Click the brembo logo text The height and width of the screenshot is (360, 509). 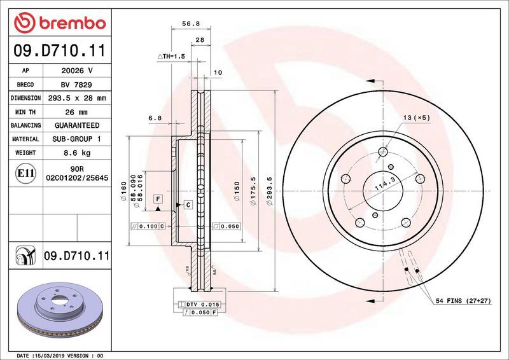pos(69,24)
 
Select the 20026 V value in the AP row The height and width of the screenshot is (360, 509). pos(77,71)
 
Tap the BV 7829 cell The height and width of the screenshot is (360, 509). pos(77,85)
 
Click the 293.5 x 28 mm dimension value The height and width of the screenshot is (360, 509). pos(77,99)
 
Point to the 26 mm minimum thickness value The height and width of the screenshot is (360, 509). pos(77,112)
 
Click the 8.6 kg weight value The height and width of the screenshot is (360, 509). pos(77,153)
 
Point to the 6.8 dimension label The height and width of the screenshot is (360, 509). pos(155,118)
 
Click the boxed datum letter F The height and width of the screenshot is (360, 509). pos(157,199)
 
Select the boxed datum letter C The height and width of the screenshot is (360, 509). pos(188,204)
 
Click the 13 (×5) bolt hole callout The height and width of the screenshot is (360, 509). pos(417,118)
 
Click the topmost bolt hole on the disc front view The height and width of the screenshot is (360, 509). pos(382,151)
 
